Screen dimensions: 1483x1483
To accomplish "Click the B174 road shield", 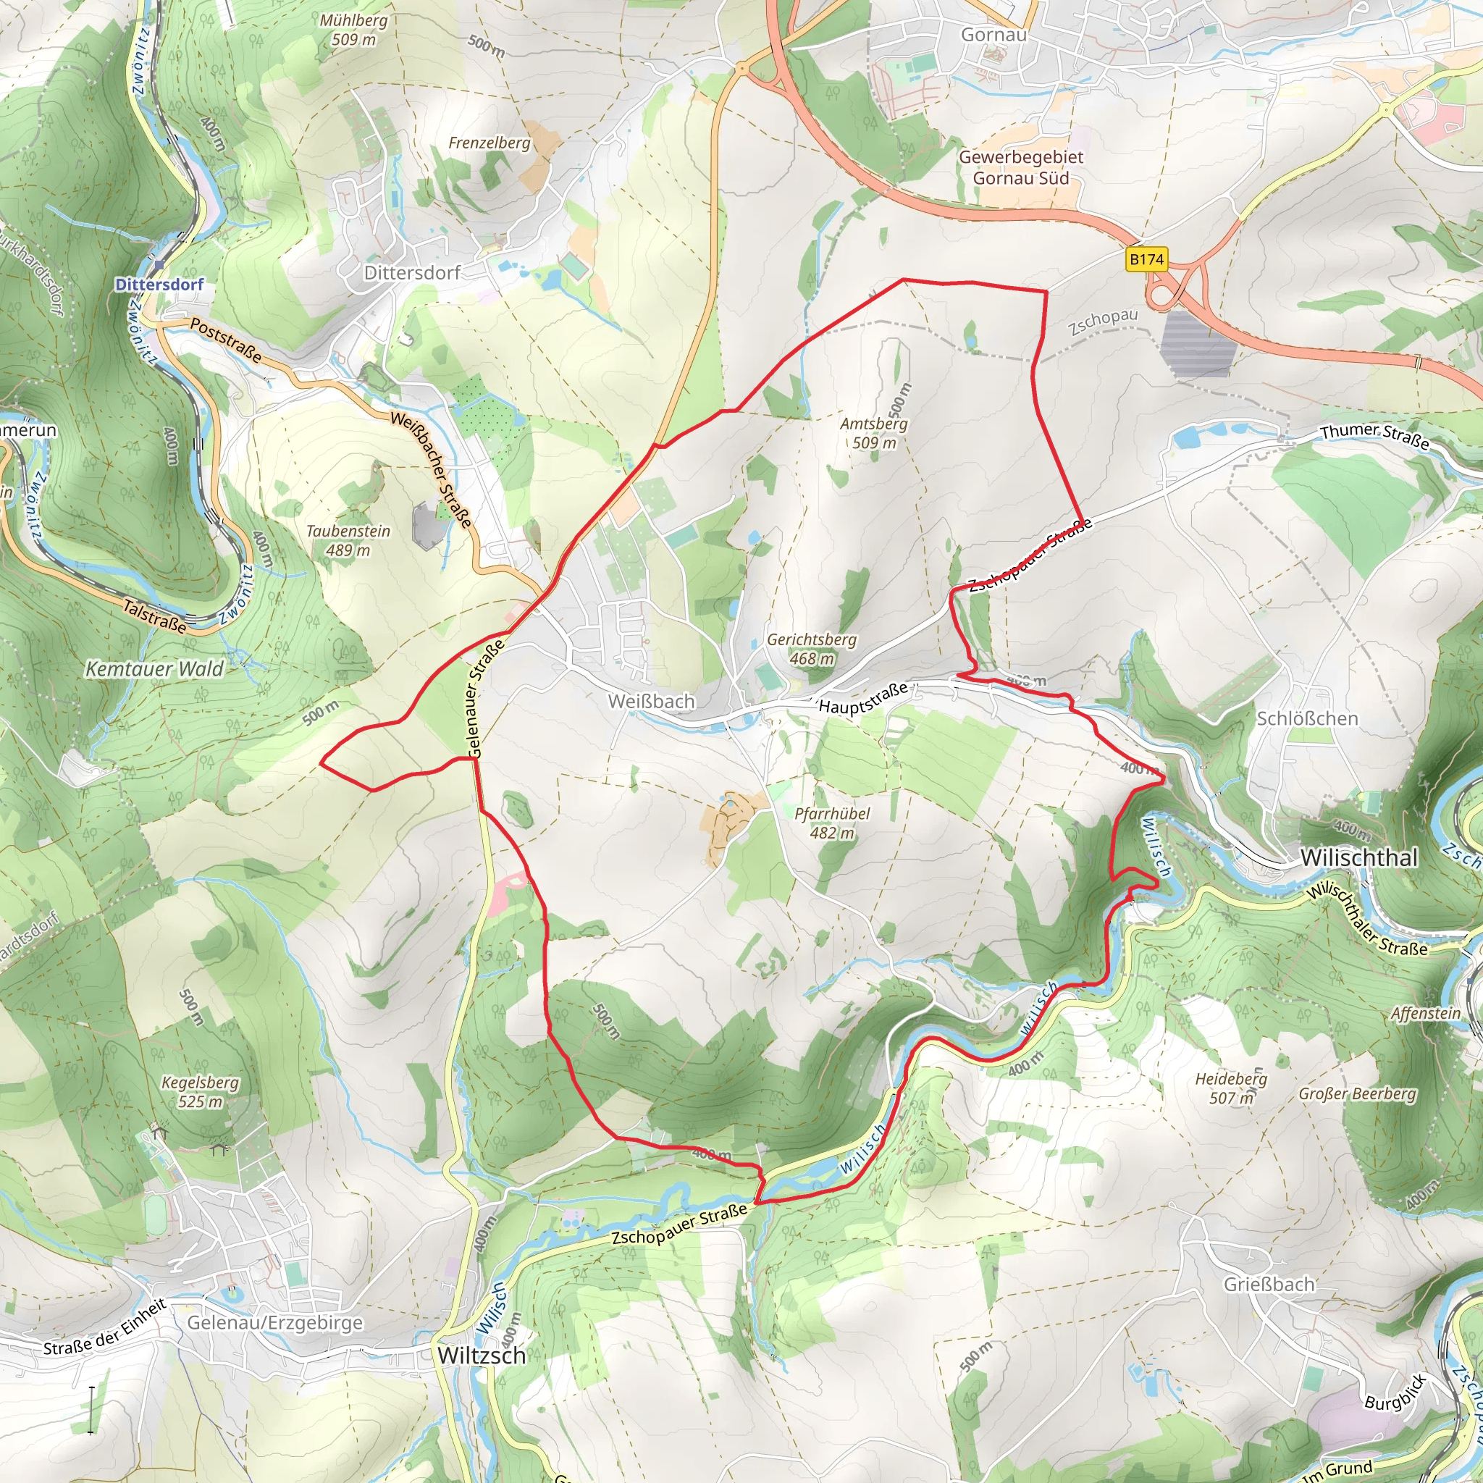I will pyautogui.click(x=1147, y=259).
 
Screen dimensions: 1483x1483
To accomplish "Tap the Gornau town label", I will pyautogui.click(x=993, y=35).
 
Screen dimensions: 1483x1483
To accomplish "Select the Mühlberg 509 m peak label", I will pyautogui.click(x=354, y=30).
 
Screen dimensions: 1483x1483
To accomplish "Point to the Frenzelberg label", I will pyautogui.click(x=489, y=143).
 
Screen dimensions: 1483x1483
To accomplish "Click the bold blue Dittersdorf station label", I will pyautogui.click(x=159, y=285).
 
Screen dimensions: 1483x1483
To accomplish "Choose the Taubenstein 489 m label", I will pyautogui.click(x=348, y=540).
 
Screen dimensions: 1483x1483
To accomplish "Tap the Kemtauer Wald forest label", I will pyautogui.click(x=154, y=669).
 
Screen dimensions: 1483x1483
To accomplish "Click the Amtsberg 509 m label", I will pyautogui.click(x=873, y=433).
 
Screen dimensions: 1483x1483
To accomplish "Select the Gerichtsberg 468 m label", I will pyautogui.click(x=811, y=649).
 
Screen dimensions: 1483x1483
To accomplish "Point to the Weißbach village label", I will pyautogui.click(x=651, y=702).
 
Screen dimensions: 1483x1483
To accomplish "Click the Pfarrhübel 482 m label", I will pyautogui.click(x=832, y=823).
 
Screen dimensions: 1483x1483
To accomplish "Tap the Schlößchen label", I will pyautogui.click(x=1307, y=718).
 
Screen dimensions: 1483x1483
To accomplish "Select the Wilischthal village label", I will pyautogui.click(x=1358, y=858).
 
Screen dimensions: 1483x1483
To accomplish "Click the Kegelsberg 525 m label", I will pyautogui.click(x=201, y=1092).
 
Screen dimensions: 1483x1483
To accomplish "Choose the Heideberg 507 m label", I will pyautogui.click(x=1231, y=1088).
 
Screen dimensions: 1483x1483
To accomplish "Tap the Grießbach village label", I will pyautogui.click(x=1269, y=1284).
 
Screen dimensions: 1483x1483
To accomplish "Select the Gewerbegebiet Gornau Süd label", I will pyautogui.click(x=1021, y=167).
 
